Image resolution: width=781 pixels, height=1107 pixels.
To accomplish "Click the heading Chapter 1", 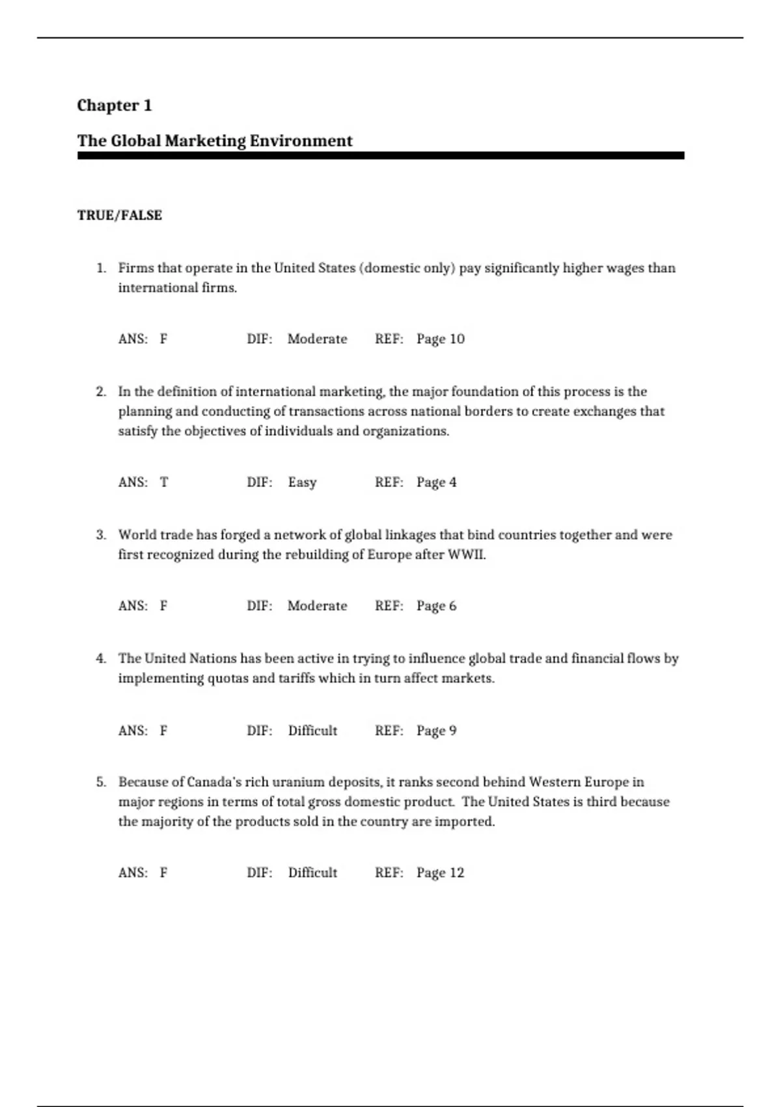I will pos(115,105).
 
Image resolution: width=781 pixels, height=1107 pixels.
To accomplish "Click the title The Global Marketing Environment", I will pos(215,141).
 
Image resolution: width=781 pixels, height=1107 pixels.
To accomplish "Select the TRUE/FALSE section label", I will pos(120,216).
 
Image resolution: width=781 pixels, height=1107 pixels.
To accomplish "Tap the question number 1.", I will pos(101,268).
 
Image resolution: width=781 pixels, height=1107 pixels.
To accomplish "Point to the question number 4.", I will pos(101,658).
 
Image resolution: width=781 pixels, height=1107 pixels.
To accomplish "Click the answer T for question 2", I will pos(164,483).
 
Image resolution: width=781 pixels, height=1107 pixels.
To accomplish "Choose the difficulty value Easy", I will pos(302,483).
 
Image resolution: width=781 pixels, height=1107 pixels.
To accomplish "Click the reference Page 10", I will pos(441,339).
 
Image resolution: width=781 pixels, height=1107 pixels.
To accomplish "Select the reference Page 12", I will pos(441,873).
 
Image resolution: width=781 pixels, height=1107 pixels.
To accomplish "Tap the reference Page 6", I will pos(437,606).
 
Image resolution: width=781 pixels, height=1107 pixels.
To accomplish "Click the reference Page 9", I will pos(437,731).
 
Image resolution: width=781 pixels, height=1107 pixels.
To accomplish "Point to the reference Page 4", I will pos(437,483).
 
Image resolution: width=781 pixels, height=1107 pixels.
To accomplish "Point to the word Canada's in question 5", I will pos(214,782).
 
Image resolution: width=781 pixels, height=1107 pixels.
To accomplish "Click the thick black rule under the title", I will pos(381,156).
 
